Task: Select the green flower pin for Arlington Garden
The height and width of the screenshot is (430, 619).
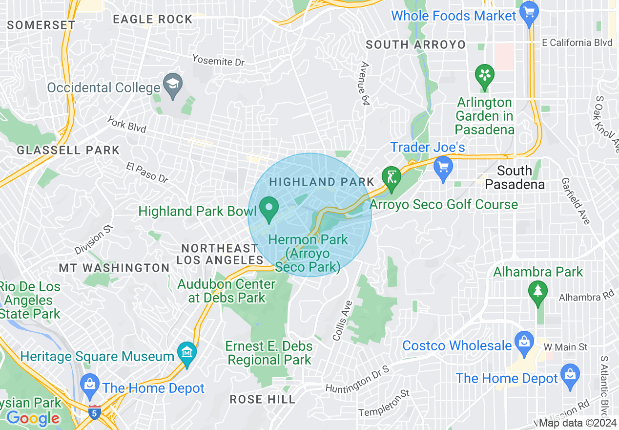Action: coord(484,76)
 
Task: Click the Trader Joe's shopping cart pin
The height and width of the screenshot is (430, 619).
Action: coord(443,168)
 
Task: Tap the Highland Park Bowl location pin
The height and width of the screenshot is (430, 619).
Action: coord(268,208)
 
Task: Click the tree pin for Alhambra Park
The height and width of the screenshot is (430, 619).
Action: coord(538,293)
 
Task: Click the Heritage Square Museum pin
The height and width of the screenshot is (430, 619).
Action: coord(187,353)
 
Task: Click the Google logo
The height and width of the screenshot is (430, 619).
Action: coord(33,418)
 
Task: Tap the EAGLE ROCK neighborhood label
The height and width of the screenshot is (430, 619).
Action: coord(153,20)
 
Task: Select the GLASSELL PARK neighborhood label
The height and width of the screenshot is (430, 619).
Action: coord(68,150)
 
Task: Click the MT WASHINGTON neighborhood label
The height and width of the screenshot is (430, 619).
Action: coord(114,268)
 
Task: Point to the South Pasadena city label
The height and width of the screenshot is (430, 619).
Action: coord(515,177)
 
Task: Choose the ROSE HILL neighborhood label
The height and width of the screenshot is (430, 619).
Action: coord(263,399)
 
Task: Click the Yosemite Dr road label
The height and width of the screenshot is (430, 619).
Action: coord(218,60)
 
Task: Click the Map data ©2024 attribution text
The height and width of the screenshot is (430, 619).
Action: coord(578,423)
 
